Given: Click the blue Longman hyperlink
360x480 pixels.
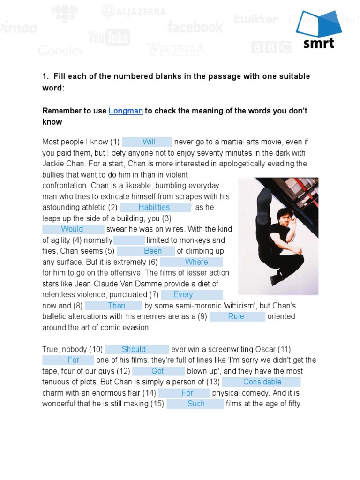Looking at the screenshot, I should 126,111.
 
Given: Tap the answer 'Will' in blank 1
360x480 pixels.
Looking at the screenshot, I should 149,142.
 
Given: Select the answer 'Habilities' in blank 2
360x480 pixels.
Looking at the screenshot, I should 154,207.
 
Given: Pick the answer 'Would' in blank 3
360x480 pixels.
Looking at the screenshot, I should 72,229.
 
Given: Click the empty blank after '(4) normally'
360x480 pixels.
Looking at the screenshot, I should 129,240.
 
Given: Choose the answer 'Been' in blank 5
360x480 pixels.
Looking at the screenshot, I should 153,251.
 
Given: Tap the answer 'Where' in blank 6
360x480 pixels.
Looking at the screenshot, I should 196,262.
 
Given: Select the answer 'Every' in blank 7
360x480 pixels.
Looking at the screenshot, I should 183,295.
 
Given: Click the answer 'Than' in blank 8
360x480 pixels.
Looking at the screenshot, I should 116,306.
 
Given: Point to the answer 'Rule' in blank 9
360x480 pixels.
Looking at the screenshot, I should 236,316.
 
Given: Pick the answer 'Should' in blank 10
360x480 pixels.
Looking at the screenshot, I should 134,349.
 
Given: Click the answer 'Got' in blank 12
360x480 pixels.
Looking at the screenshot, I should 157,371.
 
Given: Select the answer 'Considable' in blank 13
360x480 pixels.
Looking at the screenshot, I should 262,382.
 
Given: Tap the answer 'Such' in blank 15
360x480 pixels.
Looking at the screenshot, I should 196,404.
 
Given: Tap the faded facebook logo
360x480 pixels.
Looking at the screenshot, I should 195,26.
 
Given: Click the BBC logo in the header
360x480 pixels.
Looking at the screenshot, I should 271,47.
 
